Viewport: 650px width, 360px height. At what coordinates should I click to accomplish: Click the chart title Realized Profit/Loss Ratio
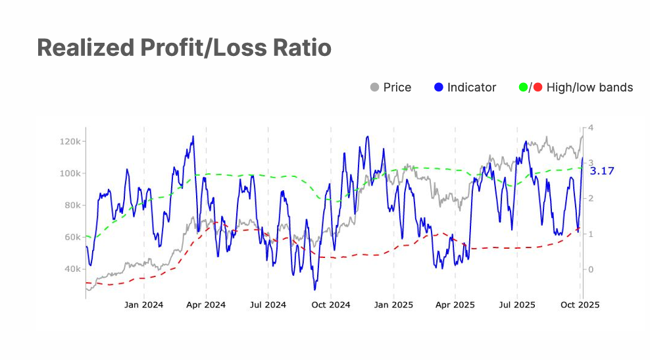(x=184, y=47)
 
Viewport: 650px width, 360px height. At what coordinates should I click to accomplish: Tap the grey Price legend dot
(x=375, y=87)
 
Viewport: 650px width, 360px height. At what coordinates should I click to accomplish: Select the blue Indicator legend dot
(x=439, y=87)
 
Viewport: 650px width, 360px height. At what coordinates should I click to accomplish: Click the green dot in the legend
(x=524, y=87)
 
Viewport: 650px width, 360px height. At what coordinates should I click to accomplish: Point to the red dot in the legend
(x=537, y=87)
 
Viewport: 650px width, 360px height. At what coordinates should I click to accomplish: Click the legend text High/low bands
(x=589, y=87)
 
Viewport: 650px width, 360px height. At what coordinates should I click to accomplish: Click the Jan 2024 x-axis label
(x=144, y=305)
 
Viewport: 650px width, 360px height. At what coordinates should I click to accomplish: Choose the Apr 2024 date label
(x=206, y=305)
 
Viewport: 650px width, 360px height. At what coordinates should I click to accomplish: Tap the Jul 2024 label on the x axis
(x=268, y=305)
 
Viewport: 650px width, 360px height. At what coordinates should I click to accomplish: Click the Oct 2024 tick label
(x=330, y=305)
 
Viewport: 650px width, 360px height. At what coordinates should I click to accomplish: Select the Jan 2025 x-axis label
(x=393, y=305)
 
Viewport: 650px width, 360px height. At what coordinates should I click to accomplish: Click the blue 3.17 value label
(x=602, y=171)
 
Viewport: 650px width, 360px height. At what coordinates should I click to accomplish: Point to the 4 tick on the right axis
(x=591, y=128)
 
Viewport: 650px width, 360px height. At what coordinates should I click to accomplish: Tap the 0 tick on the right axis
(x=591, y=269)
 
